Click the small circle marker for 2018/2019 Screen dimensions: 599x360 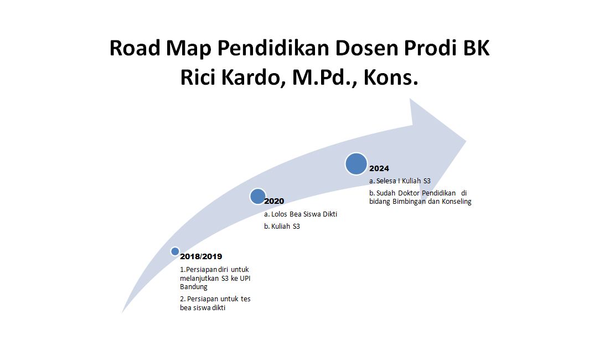(175, 251)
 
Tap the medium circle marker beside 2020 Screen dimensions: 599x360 (258, 197)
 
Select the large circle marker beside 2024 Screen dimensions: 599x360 (356, 163)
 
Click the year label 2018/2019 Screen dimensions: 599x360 (201, 256)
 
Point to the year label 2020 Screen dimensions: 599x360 (274, 201)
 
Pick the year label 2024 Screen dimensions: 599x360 (379, 168)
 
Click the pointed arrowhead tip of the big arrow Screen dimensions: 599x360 (466, 141)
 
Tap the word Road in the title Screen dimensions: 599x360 (135, 48)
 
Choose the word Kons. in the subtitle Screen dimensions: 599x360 (391, 78)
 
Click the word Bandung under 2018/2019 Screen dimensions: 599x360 (194, 287)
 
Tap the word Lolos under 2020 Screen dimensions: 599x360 (279, 214)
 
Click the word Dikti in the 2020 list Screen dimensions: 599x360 (330, 214)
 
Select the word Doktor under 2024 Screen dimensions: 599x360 (409, 193)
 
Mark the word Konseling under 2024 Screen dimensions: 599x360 (457, 202)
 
